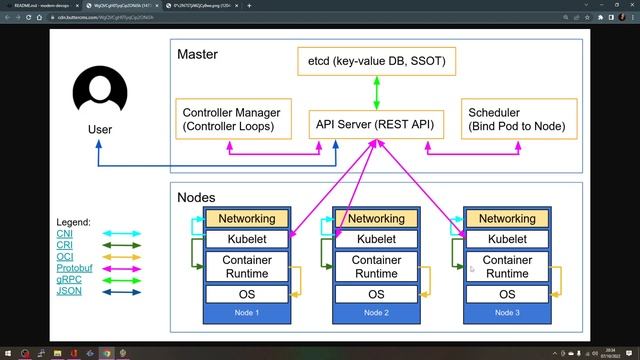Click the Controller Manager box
pos(238,119)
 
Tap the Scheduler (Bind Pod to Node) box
pos(517,119)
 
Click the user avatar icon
pos(100,92)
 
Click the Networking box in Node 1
pos(245,219)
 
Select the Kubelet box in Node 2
pos(376,239)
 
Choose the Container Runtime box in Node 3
pos(507,266)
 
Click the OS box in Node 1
pos(245,294)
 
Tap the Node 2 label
pos(376,313)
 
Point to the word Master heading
pos(198,54)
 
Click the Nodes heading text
pos(197,198)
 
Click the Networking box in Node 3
pos(507,219)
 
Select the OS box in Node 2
pos(376,294)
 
